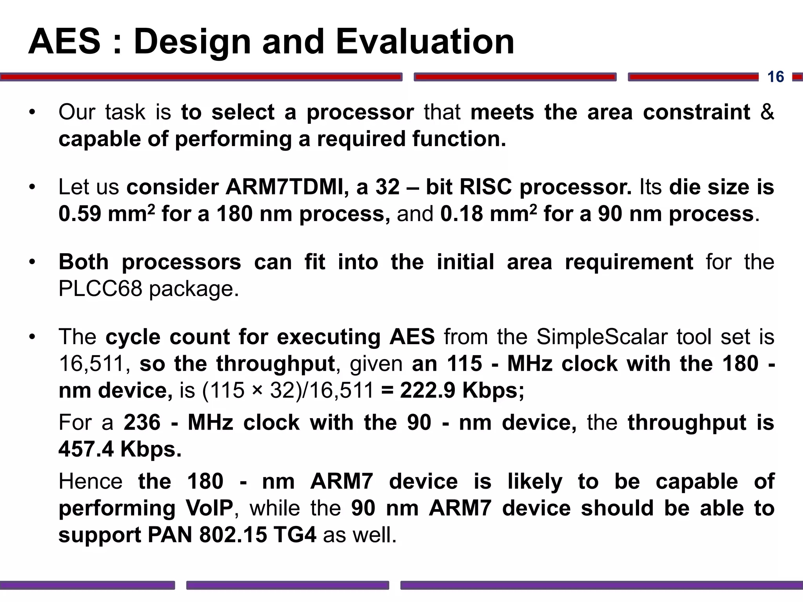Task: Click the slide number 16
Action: (775, 77)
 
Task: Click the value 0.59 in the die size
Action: (80, 214)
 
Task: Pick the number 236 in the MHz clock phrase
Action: (142, 422)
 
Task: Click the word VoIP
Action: (209, 508)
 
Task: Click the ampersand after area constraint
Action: (767, 112)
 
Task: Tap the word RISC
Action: (485, 187)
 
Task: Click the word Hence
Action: (91, 481)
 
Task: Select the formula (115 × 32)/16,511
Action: (288, 390)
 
